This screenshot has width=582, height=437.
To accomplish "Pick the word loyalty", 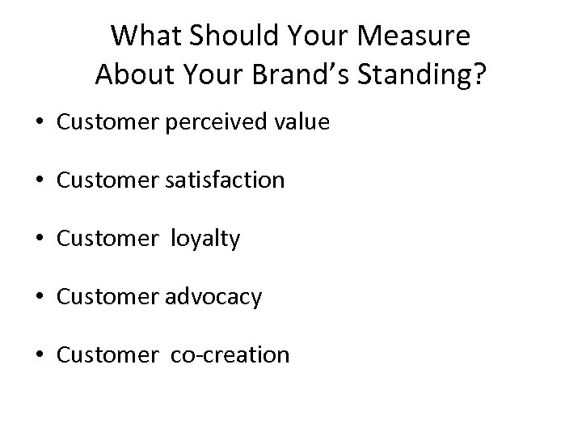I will pos(205,239).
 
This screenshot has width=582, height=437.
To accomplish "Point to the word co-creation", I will pos(230,355).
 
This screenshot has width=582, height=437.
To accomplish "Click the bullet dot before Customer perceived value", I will pos(40,122).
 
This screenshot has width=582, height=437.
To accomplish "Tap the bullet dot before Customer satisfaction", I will pos(40,180).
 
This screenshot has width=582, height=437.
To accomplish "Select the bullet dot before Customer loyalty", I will pos(40,240).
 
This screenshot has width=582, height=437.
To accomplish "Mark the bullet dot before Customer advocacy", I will pos(40,298).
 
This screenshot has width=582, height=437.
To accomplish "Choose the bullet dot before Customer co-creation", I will pos(40,356).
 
